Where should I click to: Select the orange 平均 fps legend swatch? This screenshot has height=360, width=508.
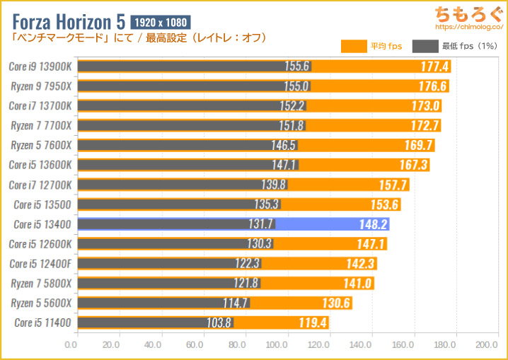353,47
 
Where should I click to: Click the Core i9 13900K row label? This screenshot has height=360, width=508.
39,66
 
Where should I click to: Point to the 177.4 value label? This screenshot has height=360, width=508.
432,66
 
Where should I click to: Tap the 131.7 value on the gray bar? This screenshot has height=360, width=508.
260,224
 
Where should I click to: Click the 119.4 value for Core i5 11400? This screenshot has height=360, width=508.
311,323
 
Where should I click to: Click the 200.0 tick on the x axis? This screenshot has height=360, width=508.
487,345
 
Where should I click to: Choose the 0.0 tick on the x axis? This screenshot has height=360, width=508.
71,345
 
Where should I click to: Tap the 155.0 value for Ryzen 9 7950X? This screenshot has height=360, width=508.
296,86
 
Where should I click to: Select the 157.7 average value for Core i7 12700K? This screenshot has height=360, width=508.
390,185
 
